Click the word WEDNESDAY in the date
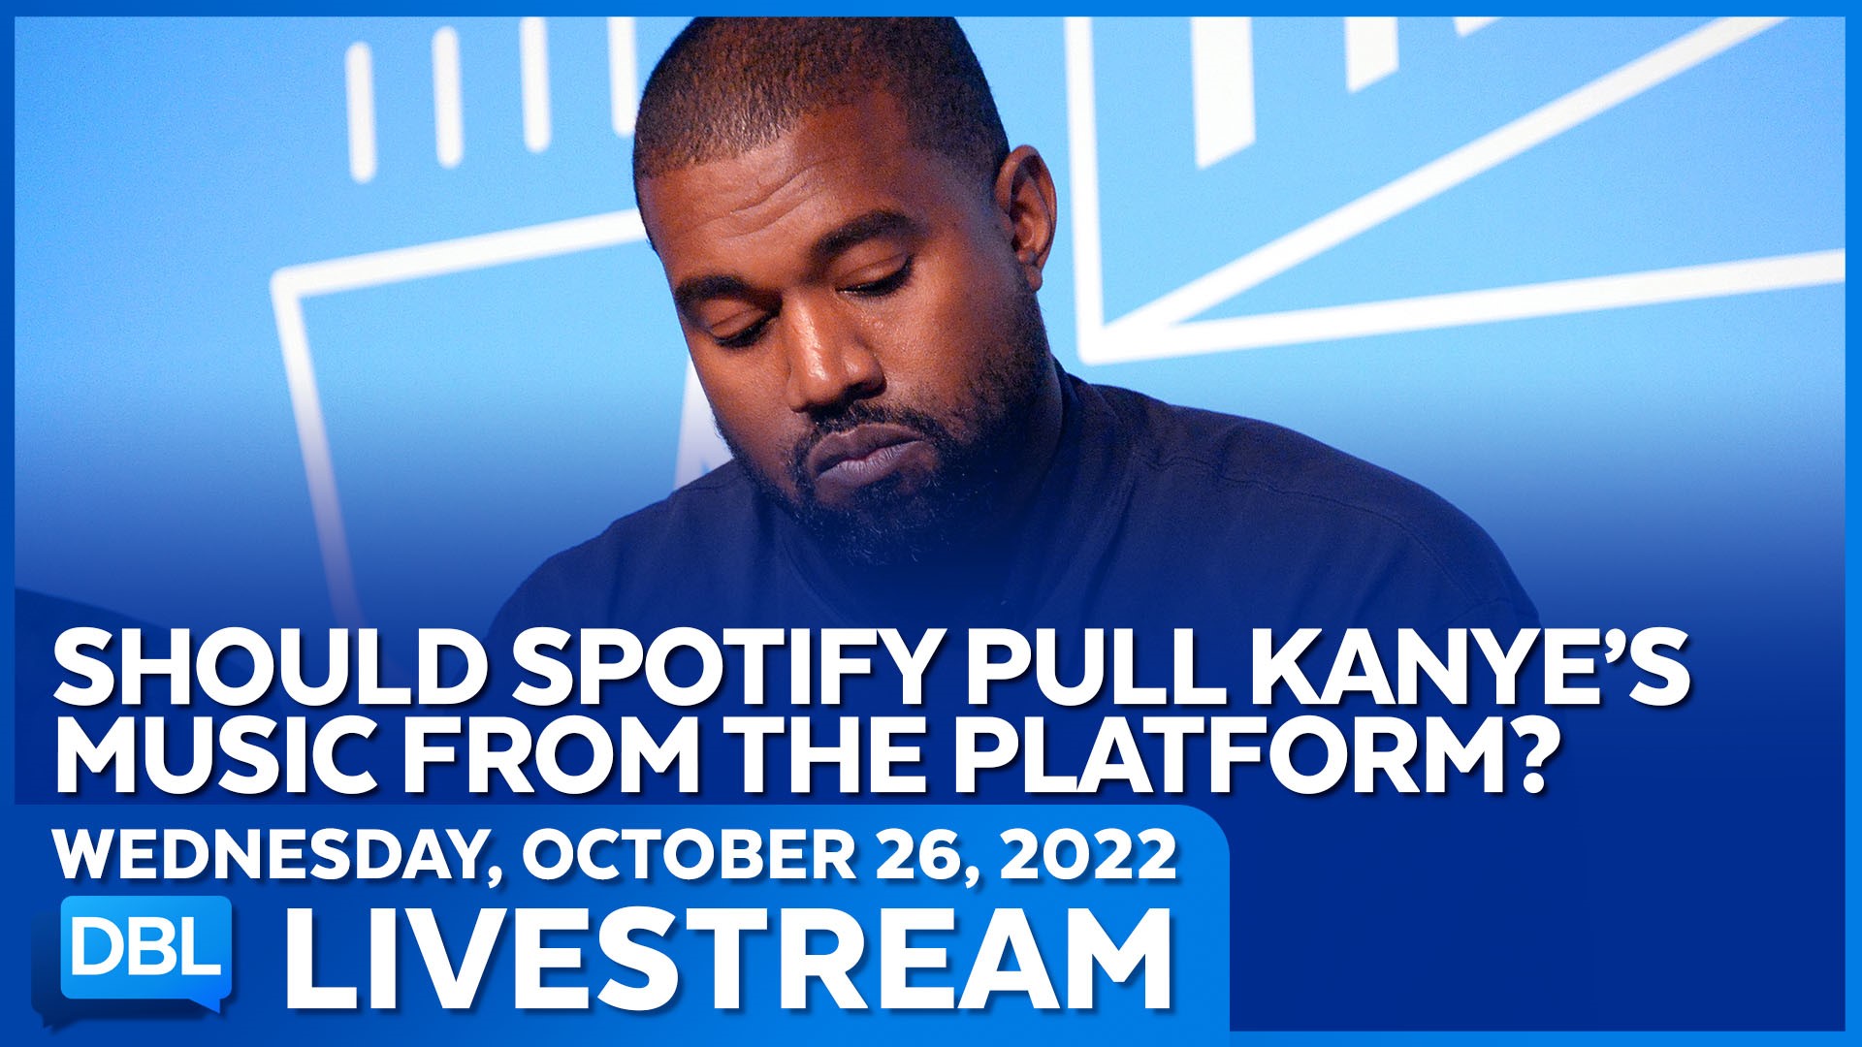(x=276, y=855)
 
